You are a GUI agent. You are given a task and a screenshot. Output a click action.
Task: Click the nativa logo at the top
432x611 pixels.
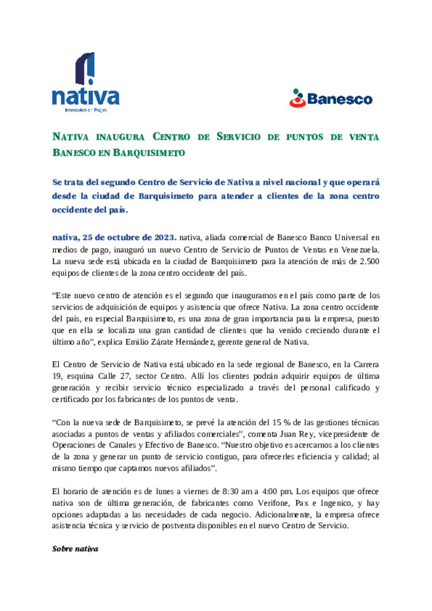point(86,82)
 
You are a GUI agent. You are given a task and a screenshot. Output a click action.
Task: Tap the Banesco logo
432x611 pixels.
point(331,98)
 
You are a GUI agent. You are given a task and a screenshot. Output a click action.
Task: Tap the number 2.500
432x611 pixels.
point(369,262)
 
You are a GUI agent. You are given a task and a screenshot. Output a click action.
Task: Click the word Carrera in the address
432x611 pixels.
point(366,365)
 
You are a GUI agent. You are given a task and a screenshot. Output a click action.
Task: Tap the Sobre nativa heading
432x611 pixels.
point(75,549)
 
